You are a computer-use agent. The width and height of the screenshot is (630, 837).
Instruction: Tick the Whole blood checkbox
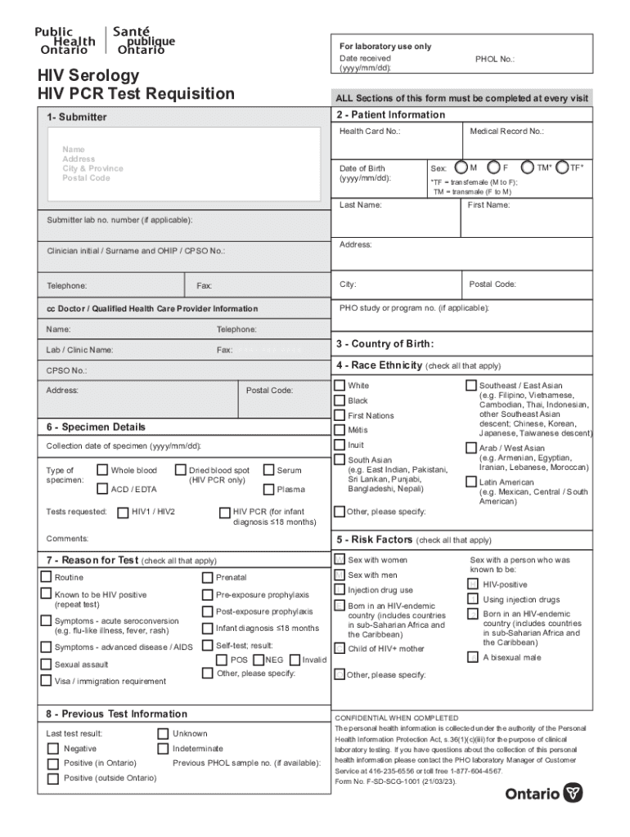[102, 470]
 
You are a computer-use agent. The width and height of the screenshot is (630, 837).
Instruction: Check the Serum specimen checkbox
[268, 470]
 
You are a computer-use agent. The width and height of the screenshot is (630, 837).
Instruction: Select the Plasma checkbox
[268, 490]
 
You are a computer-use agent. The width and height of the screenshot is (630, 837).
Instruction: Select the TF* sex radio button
[562, 168]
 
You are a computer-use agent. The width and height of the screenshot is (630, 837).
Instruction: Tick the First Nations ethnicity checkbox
[340, 415]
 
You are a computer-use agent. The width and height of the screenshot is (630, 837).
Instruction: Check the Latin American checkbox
[471, 482]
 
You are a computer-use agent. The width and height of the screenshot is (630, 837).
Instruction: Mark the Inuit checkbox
[340, 445]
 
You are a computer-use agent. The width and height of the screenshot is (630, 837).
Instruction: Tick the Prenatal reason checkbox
[208, 577]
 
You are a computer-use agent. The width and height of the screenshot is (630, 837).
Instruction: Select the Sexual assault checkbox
[47, 664]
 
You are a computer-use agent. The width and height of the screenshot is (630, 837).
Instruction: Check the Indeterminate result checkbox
[163, 748]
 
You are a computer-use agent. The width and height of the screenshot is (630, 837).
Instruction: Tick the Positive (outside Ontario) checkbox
[54, 778]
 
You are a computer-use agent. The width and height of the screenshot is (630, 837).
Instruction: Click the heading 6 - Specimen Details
[96, 427]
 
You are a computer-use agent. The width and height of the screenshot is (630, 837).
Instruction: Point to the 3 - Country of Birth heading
[385, 343]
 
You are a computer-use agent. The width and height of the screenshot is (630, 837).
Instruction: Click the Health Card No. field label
[370, 132]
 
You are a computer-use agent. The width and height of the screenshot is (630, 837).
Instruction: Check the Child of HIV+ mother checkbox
[340, 648]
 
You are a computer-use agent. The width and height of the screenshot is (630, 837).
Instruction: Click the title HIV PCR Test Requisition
[136, 93]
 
